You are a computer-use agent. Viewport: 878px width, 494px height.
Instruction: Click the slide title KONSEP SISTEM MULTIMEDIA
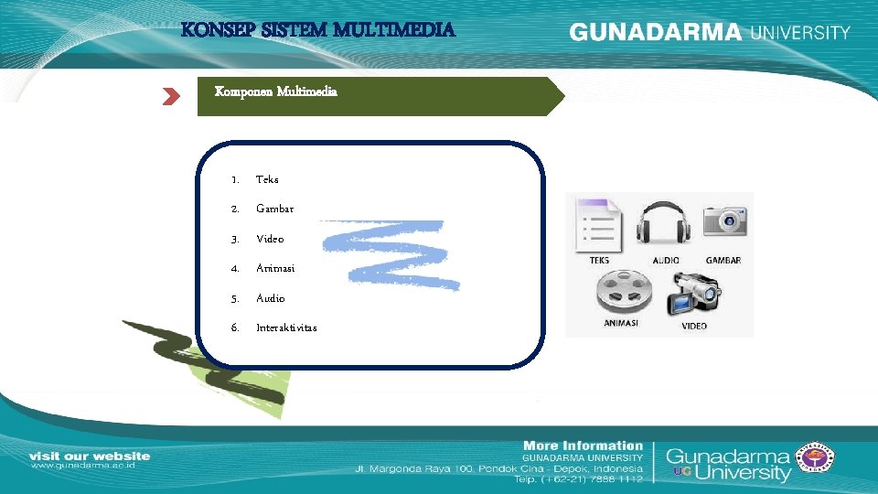click(318, 30)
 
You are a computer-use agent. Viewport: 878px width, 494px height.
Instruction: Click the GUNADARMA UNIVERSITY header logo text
click(710, 32)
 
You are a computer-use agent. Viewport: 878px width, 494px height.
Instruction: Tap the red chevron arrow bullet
click(171, 97)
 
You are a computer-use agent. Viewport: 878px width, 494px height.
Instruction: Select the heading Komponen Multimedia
click(275, 91)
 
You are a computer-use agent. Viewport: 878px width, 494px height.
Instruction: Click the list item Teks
click(267, 179)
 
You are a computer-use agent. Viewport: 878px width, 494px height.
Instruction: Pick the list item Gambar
click(274, 209)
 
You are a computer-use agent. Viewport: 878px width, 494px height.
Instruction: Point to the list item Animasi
click(275, 268)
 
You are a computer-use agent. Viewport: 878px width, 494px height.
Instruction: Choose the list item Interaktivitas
click(286, 328)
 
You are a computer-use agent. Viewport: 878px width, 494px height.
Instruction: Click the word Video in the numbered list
click(270, 239)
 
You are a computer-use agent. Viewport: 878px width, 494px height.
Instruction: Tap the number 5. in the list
click(235, 298)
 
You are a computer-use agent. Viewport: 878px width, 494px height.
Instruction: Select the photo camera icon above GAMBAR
click(724, 222)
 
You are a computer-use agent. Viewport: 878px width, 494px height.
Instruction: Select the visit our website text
click(90, 456)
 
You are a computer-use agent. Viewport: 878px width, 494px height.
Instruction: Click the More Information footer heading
click(583, 446)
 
